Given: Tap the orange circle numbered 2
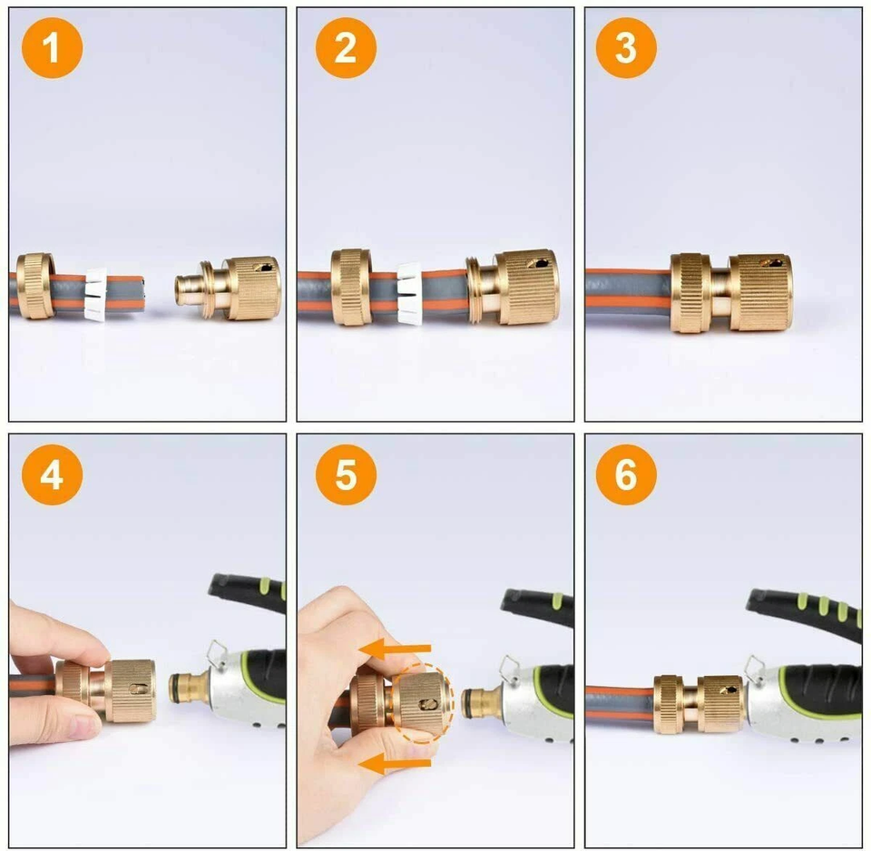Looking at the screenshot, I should coord(346,47).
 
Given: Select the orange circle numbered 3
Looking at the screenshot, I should coord(626,47).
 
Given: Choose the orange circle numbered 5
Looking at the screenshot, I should coord(346,474).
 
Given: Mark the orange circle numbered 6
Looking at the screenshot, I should coord(626,474).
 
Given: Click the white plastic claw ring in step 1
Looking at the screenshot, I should coord(95,293).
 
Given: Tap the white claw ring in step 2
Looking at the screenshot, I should coord(409,293).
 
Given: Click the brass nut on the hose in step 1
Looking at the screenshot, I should coord(35,286).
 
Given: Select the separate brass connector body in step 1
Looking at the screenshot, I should coord(240,288).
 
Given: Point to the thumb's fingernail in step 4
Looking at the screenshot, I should coord(84,726).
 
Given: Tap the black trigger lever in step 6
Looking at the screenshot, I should coord(804,612).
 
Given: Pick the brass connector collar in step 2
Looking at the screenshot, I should coord(526,287).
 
